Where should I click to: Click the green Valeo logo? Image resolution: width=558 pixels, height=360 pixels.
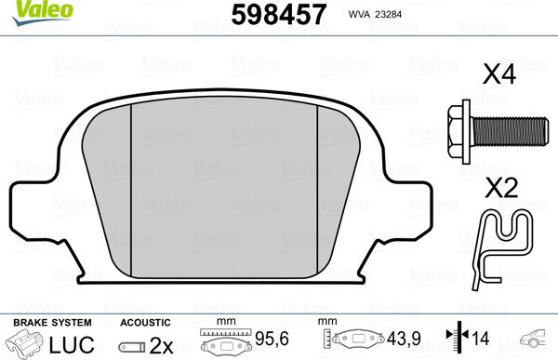42,12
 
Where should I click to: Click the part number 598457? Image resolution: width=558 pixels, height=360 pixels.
279,14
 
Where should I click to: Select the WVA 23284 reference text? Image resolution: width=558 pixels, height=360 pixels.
375,15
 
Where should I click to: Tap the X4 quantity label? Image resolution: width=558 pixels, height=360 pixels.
499,74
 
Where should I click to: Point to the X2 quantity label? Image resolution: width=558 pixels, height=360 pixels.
502,188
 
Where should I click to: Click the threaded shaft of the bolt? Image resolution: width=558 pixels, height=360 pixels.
510,132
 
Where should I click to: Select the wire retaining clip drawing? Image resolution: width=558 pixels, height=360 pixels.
502,249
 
